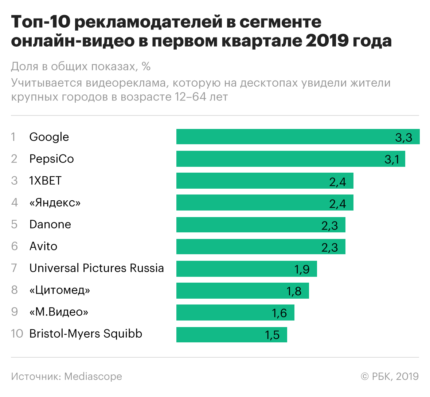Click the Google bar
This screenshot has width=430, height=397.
coord(284,137)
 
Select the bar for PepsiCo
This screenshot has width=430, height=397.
coord(277,159)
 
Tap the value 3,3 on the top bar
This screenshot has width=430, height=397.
coord(403,137)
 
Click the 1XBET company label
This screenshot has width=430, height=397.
coord(46,181)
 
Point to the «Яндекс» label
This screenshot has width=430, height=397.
coord(55,203)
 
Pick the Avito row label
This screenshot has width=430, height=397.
coord(43,246)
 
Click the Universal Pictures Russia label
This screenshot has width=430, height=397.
coord(97,268)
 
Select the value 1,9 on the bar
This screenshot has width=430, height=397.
coord(302,269)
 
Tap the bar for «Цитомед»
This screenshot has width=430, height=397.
coord(233,290)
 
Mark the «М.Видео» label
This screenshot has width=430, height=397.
coord(59,312)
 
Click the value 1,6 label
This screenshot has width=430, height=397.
coord(279,313)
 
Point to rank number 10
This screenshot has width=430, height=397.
coord(17,334)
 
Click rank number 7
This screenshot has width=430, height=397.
coord(14,268)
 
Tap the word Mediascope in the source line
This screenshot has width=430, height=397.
coord(93,376)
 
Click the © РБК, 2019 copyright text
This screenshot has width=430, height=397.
coord(390,376)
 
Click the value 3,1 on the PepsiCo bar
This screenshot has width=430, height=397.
coord(392,159)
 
